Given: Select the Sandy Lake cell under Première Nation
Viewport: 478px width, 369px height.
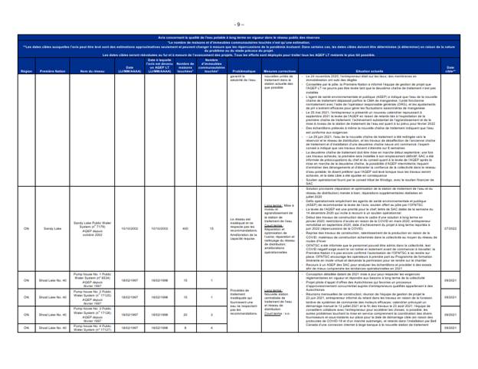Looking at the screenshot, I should (53, 207).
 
